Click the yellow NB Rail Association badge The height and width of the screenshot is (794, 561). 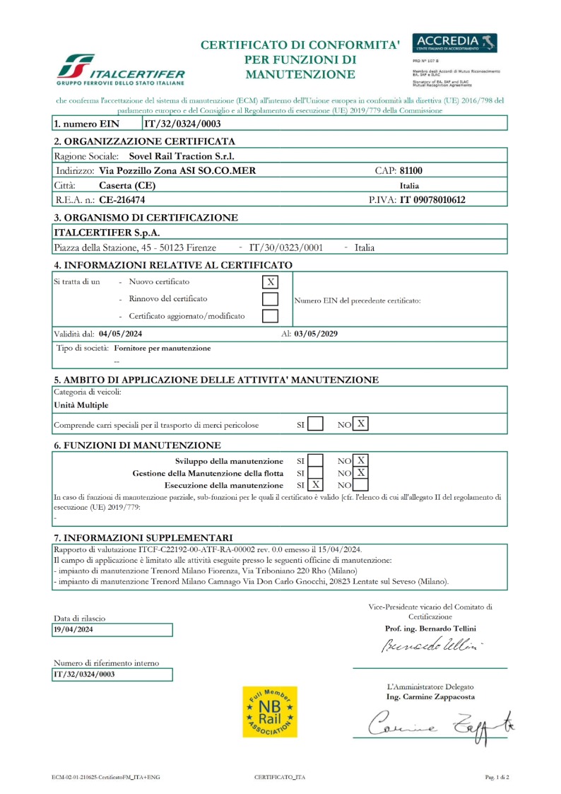click(269, 709)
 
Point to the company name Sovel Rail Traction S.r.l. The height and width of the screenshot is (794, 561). click(182, 156)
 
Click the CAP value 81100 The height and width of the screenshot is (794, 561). click(411, 170)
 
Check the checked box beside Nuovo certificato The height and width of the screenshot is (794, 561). click(270, 282)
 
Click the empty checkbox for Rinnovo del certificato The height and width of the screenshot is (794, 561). click(270, 298)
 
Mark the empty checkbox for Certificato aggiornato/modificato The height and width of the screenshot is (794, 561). click(270, 316)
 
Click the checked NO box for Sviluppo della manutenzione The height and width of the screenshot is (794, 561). click(360, 460)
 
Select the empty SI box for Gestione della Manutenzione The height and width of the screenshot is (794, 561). click(316, 472)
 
